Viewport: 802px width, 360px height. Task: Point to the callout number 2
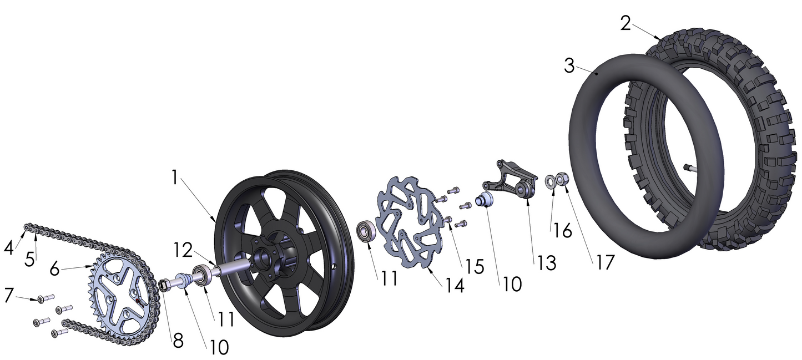[x=626, y=23]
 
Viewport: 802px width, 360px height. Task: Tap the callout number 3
[x=569, y=66]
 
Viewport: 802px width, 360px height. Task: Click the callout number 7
[x=8, y=295]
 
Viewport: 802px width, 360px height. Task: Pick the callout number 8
[x=178, y=341]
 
